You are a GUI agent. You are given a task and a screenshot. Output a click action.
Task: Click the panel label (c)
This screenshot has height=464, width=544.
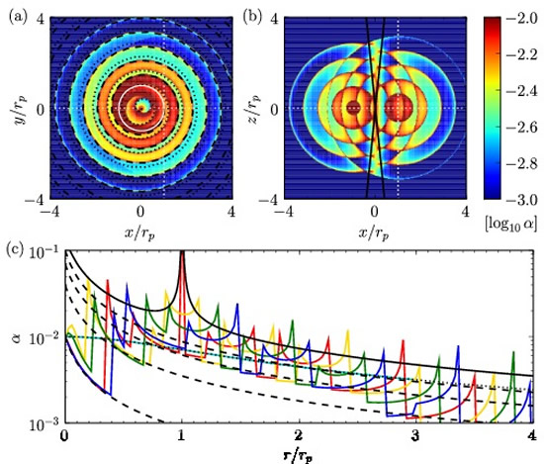coord(15,250)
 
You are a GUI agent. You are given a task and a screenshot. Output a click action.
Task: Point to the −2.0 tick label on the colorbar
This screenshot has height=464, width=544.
coord(522,18)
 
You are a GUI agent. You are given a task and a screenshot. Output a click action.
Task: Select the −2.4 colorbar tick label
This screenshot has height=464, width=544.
coord(522,91)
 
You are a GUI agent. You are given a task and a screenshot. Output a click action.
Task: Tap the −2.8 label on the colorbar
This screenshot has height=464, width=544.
coord(522,164)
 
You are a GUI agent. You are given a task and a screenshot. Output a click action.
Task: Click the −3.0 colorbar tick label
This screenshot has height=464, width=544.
coord(522,200)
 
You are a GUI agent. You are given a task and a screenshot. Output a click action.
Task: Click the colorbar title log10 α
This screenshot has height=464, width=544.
coord(511,224)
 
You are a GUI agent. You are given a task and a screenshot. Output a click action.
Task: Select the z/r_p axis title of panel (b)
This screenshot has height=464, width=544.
coord(256,109)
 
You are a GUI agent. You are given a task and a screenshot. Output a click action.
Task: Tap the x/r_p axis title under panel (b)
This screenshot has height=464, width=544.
coord(374,234)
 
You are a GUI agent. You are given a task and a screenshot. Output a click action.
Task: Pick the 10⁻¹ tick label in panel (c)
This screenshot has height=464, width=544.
coord(44,252)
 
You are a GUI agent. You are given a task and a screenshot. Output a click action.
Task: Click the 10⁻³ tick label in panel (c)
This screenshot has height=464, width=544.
coord(44,423)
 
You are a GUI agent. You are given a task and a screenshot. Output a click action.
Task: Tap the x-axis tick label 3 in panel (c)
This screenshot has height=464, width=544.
coord(415,436)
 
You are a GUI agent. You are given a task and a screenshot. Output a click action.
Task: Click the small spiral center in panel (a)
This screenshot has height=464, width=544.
coord(140,107)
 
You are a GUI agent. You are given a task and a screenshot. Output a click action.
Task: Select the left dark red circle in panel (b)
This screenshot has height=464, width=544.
coord(353,107)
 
